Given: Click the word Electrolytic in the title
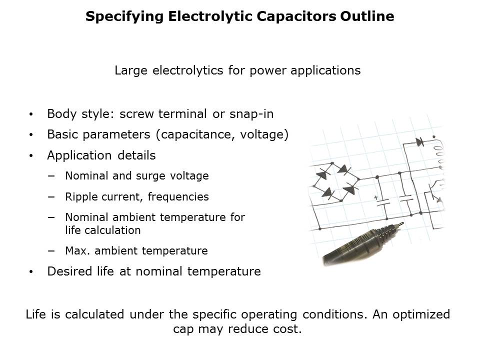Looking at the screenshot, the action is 210,16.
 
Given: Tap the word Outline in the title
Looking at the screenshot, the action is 367,16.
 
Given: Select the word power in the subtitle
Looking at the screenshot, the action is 267,71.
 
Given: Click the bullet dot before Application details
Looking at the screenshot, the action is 31,156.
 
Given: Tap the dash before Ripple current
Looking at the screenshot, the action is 51,197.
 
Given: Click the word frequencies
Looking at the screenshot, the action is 178,197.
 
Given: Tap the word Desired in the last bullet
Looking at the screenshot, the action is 69,271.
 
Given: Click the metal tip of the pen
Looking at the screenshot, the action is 400,224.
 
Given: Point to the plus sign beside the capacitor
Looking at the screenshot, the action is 376,198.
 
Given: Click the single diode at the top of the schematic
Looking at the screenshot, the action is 419,141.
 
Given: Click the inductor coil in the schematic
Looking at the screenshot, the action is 438,153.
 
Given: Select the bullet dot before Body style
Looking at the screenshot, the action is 31,114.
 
